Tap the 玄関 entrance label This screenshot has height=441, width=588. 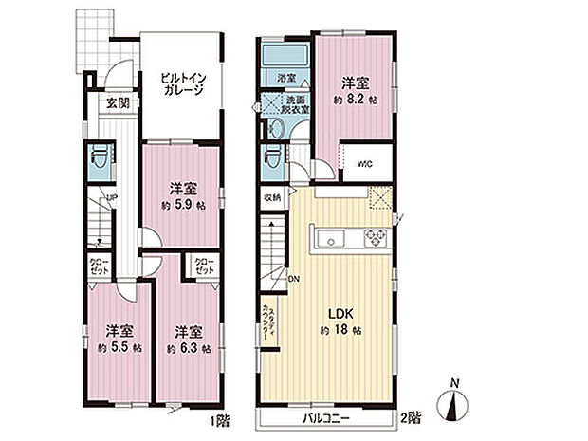[x=118, y=102]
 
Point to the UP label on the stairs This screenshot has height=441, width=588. [x=112, y=197]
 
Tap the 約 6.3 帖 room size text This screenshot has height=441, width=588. [x=186, y=348]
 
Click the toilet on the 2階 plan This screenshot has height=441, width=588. [x=274, y=154]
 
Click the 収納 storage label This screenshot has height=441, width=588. [x=271, y=197]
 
